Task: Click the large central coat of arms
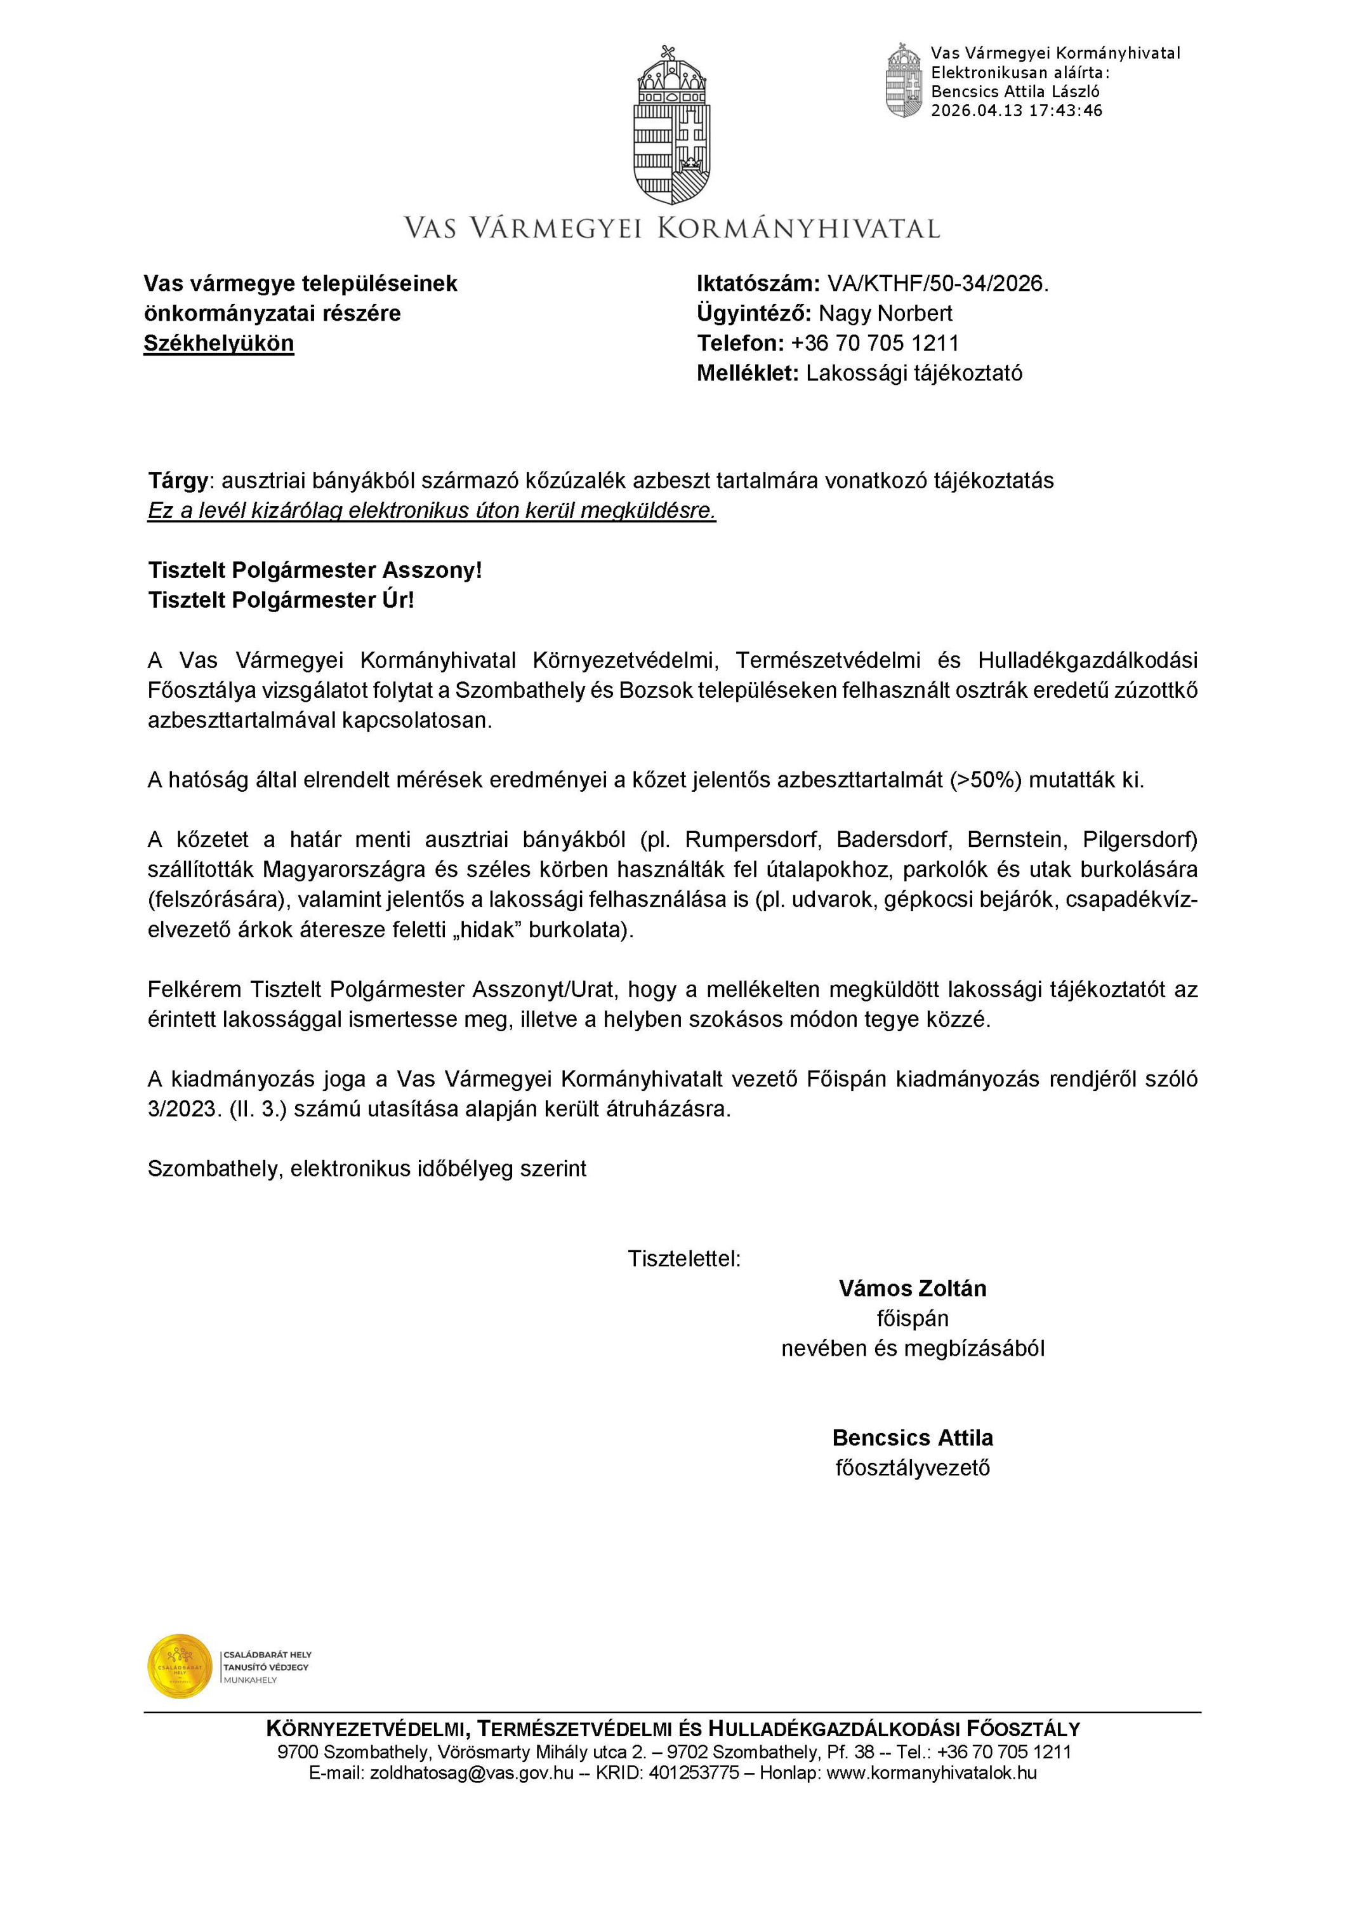(672, 124)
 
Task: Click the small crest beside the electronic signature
(904, 81)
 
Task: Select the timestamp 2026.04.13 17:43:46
(1016, 111)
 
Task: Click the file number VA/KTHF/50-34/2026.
(937, 284)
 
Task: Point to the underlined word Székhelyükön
(218, 344)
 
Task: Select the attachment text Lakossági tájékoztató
(914, 373)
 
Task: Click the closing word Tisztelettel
(683, 1259)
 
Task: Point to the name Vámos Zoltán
(913, 1288)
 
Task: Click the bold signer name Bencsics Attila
(913, 1438)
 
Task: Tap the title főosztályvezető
(913, 1467)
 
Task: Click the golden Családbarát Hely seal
(180, 1666)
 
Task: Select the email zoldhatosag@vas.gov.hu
(472, 1773)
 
